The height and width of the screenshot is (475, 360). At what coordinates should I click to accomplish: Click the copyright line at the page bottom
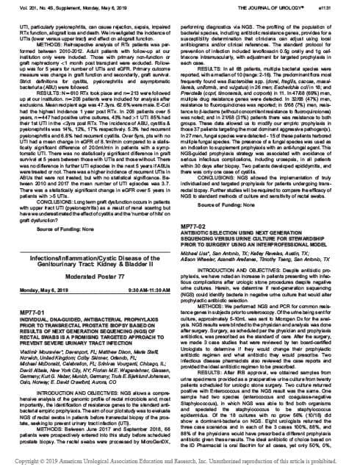pos(180,468)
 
